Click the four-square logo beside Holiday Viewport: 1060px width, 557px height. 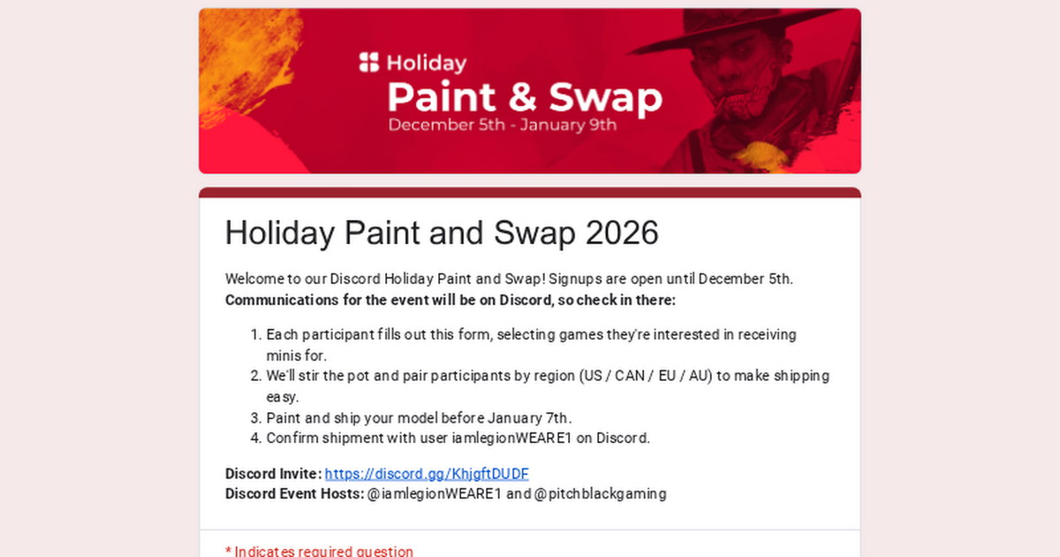tap(368, 63)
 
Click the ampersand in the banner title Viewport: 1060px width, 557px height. tap(524, 98)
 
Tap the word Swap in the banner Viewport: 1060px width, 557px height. tap(605, 98)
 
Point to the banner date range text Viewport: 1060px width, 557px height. tap(502, 125)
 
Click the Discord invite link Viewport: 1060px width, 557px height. tap(427, 473)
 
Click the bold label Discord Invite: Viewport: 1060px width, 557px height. tap(273, 473)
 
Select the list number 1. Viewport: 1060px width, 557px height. tap(254, 335)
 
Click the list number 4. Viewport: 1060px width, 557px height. tap(254, 438)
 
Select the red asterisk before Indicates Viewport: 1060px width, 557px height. tap(228, 551)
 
